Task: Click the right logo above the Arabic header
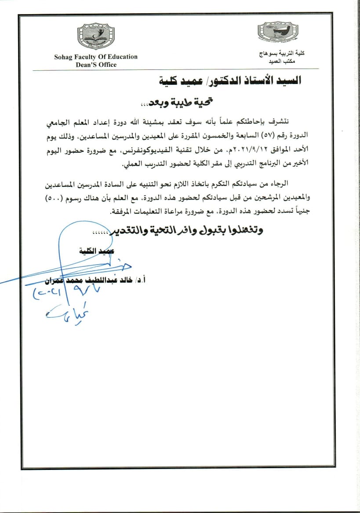(272, 32)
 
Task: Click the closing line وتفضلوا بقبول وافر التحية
(189, 230)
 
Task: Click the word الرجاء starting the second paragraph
(290, 182)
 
